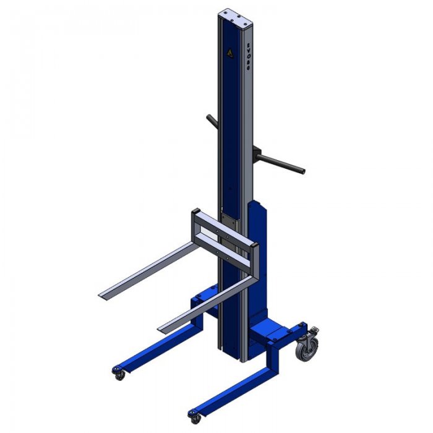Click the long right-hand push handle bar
[x=281, y=161]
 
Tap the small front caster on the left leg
[x=118, y=373]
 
